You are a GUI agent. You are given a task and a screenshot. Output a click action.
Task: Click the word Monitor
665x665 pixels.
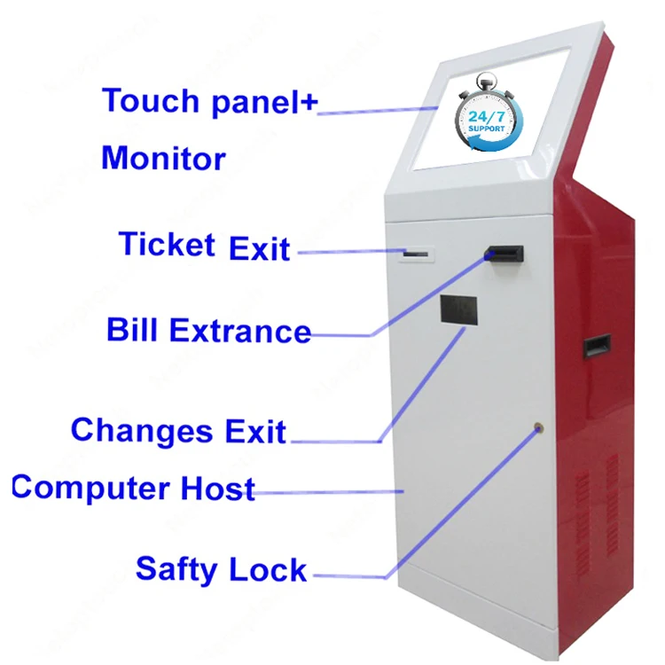point(163,160)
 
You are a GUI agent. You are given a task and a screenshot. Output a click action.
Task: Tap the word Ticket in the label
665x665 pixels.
point(167,243)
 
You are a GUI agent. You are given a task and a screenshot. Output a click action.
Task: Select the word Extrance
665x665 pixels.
point(240,332)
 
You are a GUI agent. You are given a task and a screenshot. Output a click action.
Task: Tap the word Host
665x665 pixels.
point(218,489)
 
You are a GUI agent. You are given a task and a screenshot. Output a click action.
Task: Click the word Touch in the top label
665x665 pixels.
point(150,100)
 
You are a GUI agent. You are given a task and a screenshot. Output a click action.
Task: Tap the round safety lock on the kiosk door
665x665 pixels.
point(537,429)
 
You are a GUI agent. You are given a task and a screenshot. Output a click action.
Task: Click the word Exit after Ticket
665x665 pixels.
point(259,249)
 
